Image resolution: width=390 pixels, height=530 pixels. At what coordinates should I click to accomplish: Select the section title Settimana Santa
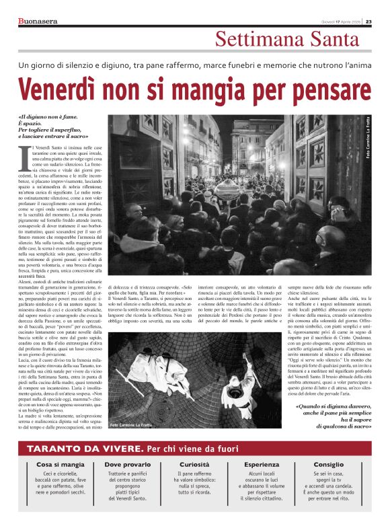[292, 40]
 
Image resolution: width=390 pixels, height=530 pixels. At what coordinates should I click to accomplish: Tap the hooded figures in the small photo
[162, 367]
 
